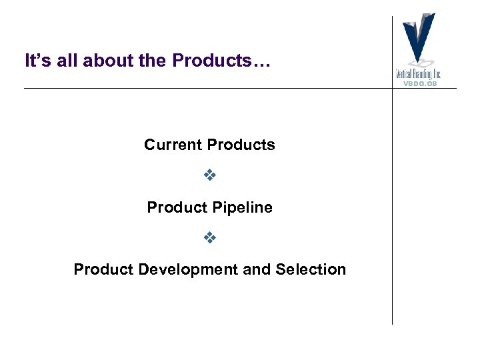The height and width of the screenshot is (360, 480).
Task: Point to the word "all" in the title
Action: point(64,61)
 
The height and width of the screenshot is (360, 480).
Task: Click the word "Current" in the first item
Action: point(173,145)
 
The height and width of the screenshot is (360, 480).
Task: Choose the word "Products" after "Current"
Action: point(241,145)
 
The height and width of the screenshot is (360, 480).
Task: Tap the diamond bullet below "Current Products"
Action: point(210,176)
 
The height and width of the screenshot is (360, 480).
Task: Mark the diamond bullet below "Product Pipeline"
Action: point(210,238)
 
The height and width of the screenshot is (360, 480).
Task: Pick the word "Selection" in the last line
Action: point(314,269)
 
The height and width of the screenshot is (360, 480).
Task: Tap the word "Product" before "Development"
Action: point(103,269)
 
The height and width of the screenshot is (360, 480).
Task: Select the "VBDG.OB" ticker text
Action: point(419,83)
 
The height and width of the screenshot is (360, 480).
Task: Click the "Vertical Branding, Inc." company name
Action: point(419,73)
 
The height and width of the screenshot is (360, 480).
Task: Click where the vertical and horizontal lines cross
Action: point(392,88)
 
